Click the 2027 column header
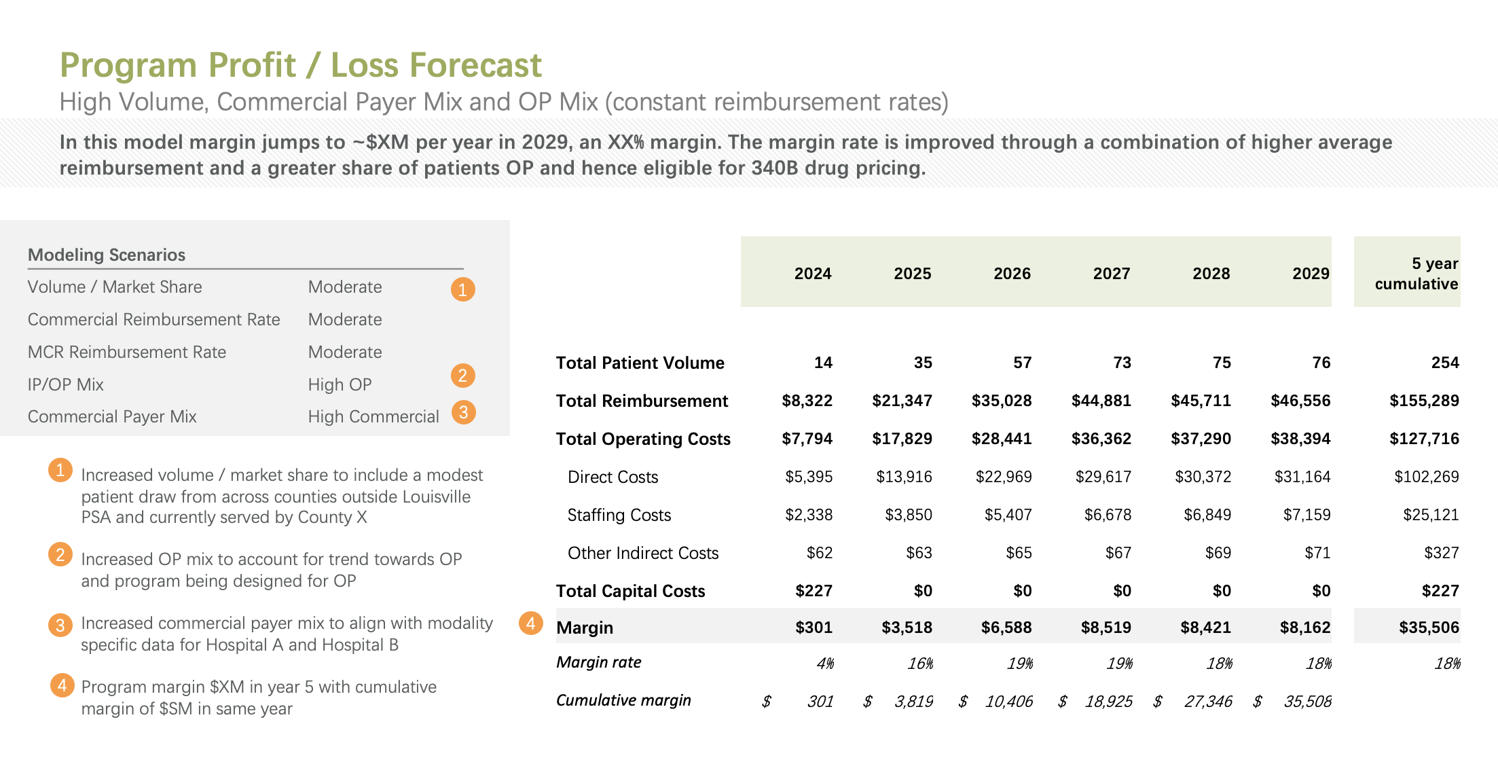pyautogui.click(x=1111, y=274)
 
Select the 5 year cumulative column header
pyautogui.click(x=1416, y=274)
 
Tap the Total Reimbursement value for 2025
pyautogui.click(x=902, y=401)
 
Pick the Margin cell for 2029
pyautogui.click(x=1304, y=627)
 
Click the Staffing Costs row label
pyautogui.click(x=619, y=515)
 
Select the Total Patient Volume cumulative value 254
pyautogui.click(x=1444, y=363)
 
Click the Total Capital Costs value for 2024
pyautogui.click(x=814, y=591)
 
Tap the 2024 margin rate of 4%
pyautogui.click(x=824, y=664)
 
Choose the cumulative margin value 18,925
pyautogui.click(x=1108, y=702)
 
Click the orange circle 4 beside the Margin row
pyautogui.click(x=530, y=623)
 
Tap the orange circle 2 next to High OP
pyautogui.click(x=462, y=376)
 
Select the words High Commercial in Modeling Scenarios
pyautogui.click(x=373, y=416)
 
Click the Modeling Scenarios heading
pyautogui.click(x=107, y=255)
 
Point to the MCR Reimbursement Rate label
pyautogui.click(x=126, y=352)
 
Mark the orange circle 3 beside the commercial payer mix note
pyautogui.click(x=60, y=625)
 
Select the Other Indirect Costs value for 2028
pyautogui.click(x=1218, y=553)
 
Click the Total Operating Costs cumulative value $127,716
pyautogui.click(x=1424, y=439)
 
